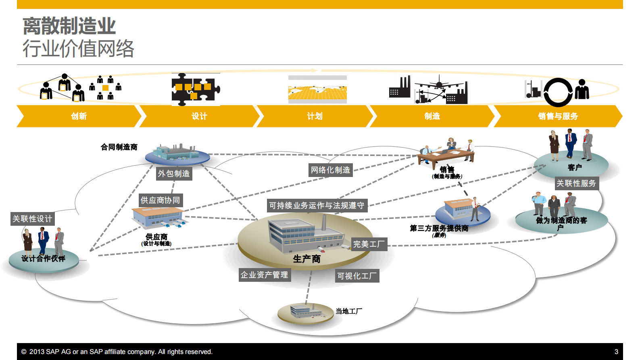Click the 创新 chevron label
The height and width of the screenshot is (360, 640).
pos(79,116)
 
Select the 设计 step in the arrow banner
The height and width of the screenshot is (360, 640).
pos(199,116)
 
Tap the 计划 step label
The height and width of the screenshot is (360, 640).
pos(315,116)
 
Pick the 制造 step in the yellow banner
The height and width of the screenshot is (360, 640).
pos(432,116)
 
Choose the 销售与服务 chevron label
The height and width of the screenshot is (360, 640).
pos(558,116)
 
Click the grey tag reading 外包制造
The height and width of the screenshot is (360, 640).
pos(174,173)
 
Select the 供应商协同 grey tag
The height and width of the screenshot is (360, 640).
pos(160,200)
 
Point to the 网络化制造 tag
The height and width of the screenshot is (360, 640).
pos(330,170)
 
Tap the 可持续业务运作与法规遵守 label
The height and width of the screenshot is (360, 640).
pos(317,206)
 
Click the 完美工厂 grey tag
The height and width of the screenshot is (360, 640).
pos(369,244)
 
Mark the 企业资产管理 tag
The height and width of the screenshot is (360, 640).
pos(264,275)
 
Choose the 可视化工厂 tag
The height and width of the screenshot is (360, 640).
pos(357,276)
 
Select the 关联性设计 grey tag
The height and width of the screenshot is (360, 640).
pos(32,218)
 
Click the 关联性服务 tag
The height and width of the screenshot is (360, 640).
pos(576,183)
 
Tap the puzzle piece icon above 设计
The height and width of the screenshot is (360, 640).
pos(196,89)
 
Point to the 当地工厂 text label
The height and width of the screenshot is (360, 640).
pos(349,311)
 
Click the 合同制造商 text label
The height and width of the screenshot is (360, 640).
pos(119,147)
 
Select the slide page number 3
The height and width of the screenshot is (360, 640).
pos(616,352)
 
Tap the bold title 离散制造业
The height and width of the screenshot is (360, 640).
pos(69,26)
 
